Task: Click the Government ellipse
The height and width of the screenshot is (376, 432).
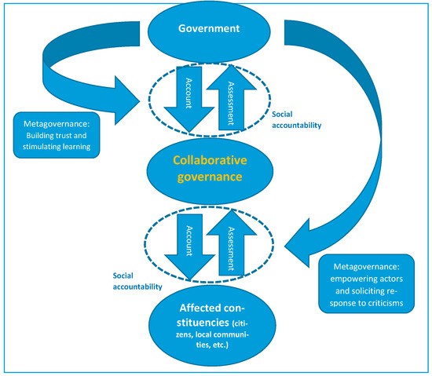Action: (x=209, y=31)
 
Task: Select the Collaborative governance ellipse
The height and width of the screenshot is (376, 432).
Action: (x=210, y=171)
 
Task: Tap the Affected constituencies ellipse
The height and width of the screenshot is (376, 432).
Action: (x=212, y=327)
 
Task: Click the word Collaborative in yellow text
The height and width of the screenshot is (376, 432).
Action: (x=210, y=160)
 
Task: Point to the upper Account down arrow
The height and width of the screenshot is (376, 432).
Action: (x=189, y=99)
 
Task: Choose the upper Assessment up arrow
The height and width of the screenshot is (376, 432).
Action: (x=232, y=97)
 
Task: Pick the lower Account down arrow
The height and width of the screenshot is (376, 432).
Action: (x=189, y=247)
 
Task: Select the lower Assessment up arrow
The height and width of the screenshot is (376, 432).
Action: (x=232, y=243)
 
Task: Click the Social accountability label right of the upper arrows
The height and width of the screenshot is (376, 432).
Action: (x=296, y=120)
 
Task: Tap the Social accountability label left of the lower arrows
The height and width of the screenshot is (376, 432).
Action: (x=137, y=281)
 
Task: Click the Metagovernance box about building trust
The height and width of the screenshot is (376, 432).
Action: (x=57, y=135)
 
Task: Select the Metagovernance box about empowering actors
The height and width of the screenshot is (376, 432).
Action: (x=367, y=284)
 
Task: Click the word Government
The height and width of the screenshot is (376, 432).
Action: (x=209, y=28)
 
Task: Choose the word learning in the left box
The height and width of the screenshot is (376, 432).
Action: (x=77, y=147)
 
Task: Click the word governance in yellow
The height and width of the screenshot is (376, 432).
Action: (x=210, y=177)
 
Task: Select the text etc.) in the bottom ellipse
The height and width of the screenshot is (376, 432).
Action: (x=221, y=345)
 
